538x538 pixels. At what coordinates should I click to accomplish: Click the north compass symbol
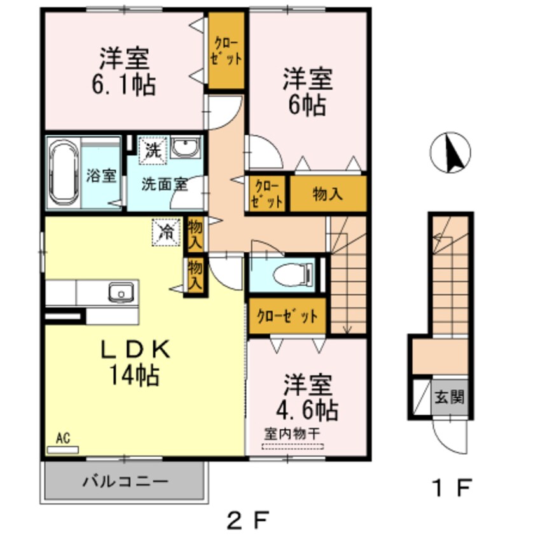450,153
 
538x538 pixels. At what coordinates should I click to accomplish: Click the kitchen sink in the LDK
120,293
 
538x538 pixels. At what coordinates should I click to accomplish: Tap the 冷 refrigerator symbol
167,230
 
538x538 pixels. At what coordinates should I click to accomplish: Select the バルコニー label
125,481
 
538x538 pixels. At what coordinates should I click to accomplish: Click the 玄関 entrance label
449,398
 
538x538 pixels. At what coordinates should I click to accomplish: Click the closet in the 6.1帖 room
227,52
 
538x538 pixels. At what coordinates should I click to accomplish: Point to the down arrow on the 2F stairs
347,327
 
